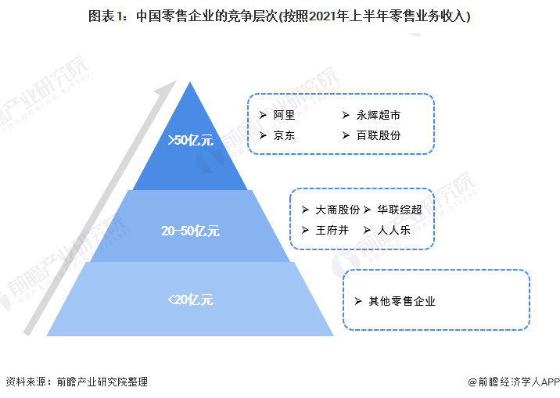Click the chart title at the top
280,16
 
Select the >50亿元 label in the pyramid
190,141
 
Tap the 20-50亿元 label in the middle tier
191,231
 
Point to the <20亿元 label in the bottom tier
190,299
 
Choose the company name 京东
284,135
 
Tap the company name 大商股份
338,210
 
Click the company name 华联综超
400,210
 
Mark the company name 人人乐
395,230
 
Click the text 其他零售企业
402,301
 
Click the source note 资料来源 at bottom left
77,382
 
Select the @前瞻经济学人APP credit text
513,382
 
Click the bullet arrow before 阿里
264,115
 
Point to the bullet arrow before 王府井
304,230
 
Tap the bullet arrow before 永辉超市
346,115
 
